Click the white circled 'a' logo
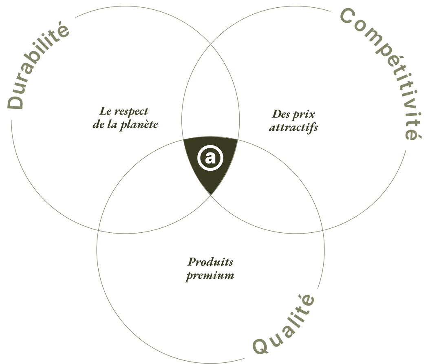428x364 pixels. tap(210, 158)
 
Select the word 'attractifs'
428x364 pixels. tap(293, 128)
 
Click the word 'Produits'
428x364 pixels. tap(210, 262)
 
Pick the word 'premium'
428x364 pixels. tap(210, 276)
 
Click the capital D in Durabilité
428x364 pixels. tap(15, 102)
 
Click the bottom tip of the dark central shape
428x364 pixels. tap(211, 195)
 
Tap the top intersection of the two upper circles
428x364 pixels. tap(211, 44)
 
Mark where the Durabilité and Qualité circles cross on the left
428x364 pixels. tap(98, 230)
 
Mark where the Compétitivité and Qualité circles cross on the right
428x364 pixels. tap(323, 230)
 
